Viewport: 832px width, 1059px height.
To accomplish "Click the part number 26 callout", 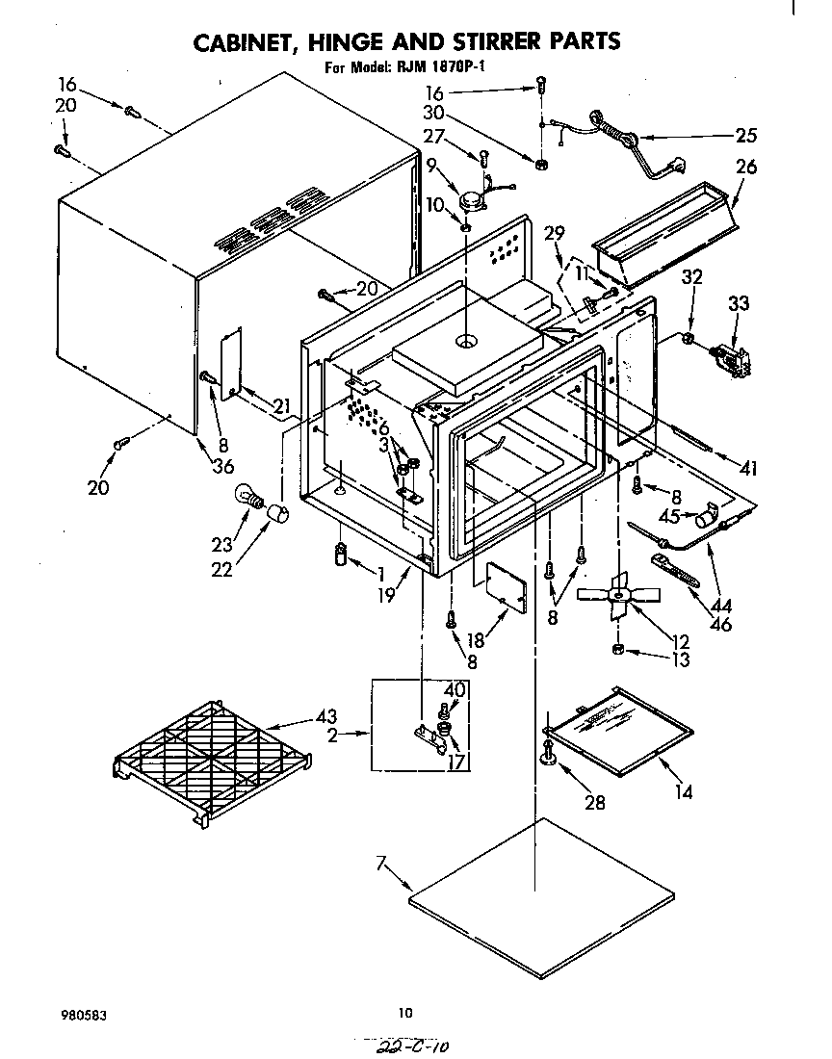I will pos(745,167).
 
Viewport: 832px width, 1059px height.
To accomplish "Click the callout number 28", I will pos(595,801).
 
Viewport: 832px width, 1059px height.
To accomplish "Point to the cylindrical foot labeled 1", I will pos(340,555).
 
